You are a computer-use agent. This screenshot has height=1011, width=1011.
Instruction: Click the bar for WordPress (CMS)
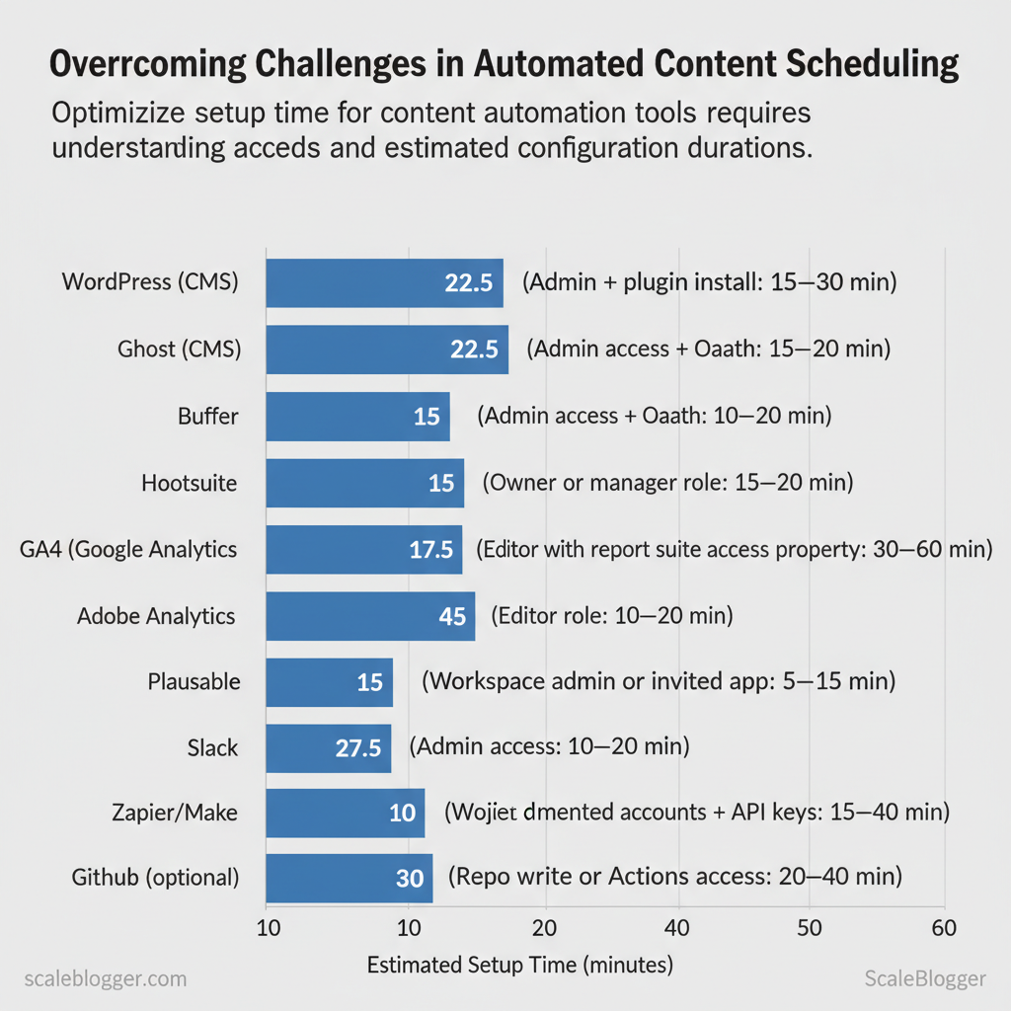pos(384,282)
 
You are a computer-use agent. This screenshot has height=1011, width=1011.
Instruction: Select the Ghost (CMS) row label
pos(179,349)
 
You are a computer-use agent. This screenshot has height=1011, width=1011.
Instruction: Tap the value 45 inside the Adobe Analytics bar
pos(451,616)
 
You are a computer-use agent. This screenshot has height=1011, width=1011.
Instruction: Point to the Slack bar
pos(328,747)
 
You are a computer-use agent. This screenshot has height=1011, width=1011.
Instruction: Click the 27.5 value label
pos(357,747)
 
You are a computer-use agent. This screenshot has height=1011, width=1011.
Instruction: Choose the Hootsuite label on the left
pos(190,483)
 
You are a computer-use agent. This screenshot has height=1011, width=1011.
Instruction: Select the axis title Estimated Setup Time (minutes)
pos(519,965)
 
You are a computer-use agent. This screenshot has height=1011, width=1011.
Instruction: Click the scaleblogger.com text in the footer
pos(104,978)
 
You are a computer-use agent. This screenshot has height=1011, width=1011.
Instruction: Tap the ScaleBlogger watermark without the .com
pos(924,978)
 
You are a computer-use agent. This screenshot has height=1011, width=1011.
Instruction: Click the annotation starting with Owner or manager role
pos(667,483)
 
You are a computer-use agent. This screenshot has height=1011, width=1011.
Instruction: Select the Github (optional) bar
pos(349,879)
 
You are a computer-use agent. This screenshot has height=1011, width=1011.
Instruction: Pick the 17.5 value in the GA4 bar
pos(430,550)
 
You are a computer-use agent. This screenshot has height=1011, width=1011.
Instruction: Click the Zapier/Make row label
pos(175,814)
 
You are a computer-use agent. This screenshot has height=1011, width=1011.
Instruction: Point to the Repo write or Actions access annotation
pos(675,877)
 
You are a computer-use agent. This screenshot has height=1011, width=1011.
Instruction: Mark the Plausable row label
pos(194,681)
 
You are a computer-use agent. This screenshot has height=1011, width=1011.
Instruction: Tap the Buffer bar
pos(357,416)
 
